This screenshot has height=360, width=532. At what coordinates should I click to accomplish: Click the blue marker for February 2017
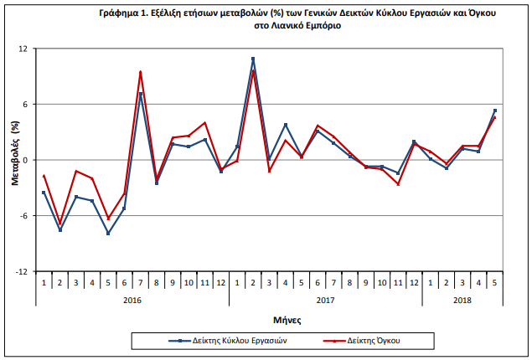[x=253, y=59]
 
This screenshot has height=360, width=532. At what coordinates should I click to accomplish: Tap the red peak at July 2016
[x=140, y=72]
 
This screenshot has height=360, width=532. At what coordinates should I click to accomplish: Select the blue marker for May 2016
[x=108, y=234]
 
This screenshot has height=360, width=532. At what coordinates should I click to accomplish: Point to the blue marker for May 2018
[x=495, y=111]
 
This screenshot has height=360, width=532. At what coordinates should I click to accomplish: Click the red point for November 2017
[x=398, y=184]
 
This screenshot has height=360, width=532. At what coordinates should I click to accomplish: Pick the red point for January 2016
[x=44, y=176]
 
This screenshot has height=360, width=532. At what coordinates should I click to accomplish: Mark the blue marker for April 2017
[x=286, y=125]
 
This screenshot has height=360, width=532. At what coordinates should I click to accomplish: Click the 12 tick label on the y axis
[x=23, y=49]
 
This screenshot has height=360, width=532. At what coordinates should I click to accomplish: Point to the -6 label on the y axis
[x=23, y=216]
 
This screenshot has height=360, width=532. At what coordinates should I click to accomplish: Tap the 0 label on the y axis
[x=25, y=160]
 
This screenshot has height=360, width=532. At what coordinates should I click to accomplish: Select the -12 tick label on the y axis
[x=22, y=271]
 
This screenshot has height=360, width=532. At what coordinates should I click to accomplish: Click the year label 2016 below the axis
[x=132, y=301]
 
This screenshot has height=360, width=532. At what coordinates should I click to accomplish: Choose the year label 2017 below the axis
[x=325, y=301]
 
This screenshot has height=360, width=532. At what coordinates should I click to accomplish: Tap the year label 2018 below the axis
[x=462, y=301]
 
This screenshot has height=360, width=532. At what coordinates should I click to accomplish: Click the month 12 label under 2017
[x=414, y=283]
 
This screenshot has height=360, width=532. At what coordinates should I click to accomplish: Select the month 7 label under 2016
[x=140, y=283]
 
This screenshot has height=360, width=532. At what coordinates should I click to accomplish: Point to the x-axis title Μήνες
[x=287, y=320]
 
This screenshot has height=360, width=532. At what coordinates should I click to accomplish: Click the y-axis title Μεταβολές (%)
[x=15, y=153]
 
